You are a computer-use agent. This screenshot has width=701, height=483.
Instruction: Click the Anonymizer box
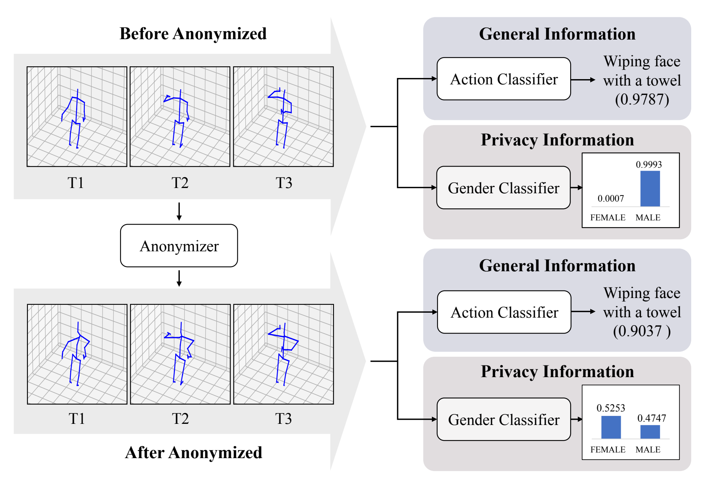[x=179, y=246]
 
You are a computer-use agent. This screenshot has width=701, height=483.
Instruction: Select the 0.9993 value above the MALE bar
[x=649, y=165]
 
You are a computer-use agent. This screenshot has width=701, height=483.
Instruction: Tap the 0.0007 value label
[x=611, y=199]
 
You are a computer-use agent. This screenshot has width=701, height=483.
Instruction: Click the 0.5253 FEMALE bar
[x=611, y=427]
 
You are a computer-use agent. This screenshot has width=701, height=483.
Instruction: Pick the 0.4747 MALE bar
[x=650, y=432]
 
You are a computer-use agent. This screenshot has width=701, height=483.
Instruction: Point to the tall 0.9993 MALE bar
[x=650, y=189]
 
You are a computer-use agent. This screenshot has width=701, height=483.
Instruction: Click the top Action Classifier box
[x=504, y=79]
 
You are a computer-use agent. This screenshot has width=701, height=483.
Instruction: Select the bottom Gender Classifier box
[x=504, y=419]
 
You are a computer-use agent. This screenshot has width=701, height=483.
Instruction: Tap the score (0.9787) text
[x=642, y=99]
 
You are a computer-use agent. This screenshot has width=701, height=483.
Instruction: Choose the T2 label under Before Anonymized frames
[x=180, y=183]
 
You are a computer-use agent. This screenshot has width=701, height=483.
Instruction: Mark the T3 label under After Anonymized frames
[x=283, y=419]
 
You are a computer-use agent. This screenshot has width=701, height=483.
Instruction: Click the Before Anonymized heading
[x=193, y=34]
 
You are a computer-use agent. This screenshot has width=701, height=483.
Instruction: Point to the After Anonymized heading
[x=193, y=452]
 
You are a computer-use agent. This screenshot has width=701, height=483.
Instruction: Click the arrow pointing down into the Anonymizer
[x=179, y=211]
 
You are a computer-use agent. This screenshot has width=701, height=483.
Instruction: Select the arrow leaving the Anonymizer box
[x=179, y=278]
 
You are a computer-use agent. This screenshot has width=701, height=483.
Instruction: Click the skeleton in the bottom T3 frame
[x=283, y=354]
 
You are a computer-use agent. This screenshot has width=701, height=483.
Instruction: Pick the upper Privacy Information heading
[x=557, y=140]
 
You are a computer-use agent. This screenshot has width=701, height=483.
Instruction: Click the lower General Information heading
[x=557, y=266]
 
